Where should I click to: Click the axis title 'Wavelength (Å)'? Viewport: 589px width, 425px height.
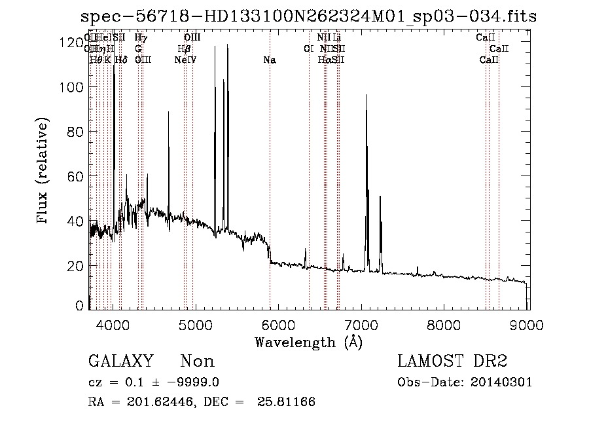[x=308, y=342]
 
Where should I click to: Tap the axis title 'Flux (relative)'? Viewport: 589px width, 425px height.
[x=43, y=172]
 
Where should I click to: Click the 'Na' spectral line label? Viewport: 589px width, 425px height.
[x=270, y=60]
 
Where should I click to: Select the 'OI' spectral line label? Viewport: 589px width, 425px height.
[x=308, y=48]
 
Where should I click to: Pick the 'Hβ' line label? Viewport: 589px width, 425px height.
[x=184, y=48]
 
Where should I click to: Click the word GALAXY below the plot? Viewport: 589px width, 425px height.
[x=121, y=361]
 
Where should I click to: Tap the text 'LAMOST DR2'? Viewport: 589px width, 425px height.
[x=452, y=361]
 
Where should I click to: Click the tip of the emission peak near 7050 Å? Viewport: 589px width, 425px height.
[x=366, y=96]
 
